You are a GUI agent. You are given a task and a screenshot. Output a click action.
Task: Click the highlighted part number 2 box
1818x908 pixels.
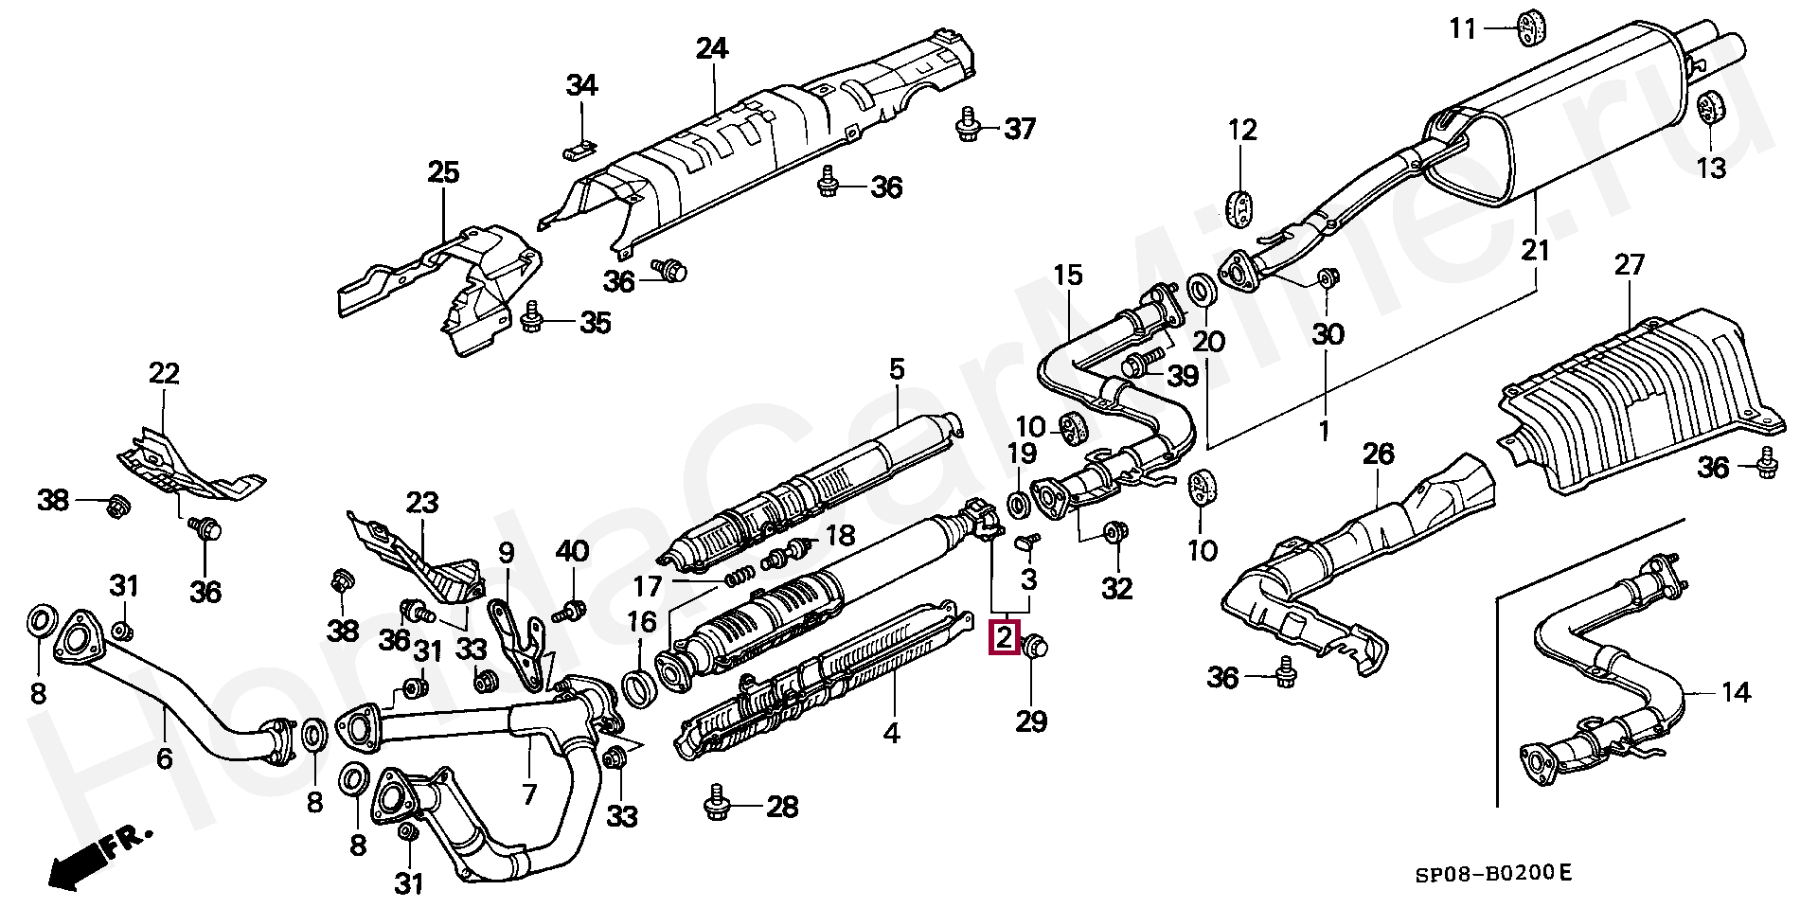coord(1004,637)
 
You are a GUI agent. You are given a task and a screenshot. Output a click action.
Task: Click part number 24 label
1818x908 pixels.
coord(712,47)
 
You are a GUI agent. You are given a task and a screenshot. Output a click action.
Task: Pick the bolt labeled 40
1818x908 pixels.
coord(569,611)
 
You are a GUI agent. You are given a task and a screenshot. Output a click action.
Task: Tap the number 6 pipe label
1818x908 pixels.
coord(164,757)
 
